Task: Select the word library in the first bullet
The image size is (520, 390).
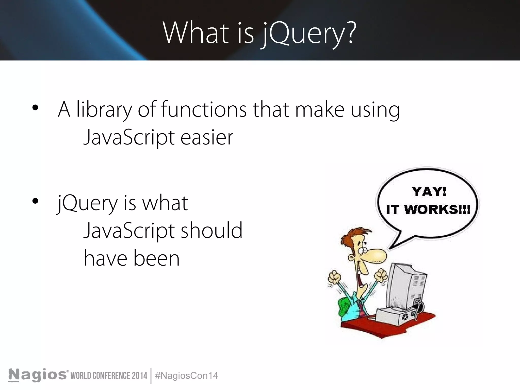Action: (104, 110)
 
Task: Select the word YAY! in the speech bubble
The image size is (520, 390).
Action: (429, 192)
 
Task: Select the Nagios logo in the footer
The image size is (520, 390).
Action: (38, 375)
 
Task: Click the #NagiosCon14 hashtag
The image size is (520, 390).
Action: (186, 376)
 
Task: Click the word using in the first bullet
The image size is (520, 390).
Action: (375, 110)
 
